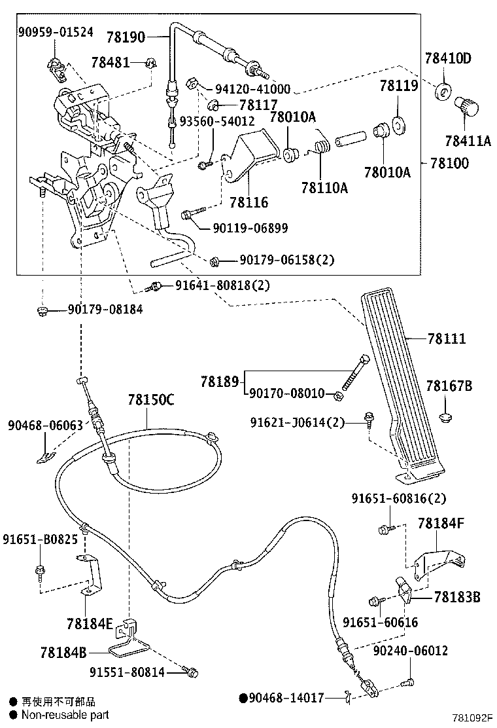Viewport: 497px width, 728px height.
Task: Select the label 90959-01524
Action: tap(55, 31)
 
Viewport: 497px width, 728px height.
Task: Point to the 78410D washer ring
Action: tap(443, 91)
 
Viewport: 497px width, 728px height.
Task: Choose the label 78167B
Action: tap(449, 386)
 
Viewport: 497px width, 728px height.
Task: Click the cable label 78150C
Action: tap(151, 399)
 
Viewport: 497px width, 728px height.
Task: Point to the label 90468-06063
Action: tap(45, 426)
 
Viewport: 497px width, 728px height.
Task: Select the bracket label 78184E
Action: tap(90, 623)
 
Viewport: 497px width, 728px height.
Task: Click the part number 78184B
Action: tap(63, 652)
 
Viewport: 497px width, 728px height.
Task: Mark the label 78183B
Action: tap(457, 597)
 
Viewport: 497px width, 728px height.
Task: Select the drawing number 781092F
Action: tap(471, 718)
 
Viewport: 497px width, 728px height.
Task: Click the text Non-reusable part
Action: tap(65, 715)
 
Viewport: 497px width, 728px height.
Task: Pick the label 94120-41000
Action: tap(253, 89)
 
